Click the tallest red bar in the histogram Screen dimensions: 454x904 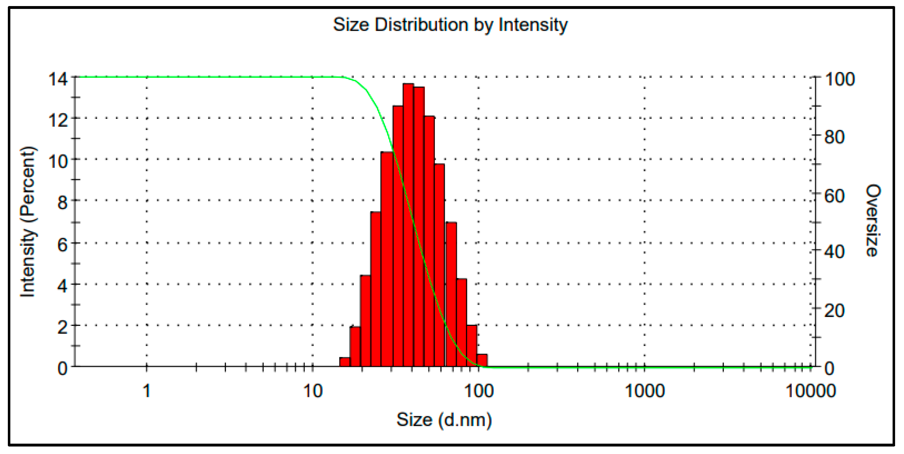tap(408, 225)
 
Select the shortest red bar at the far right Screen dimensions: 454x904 tap(482, 360)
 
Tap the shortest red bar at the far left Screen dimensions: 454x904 tap(344, 362)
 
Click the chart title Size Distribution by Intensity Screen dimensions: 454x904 tap(450, 25)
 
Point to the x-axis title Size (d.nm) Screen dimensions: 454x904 tap(444, 420)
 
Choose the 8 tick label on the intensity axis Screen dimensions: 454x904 tap(62, 203)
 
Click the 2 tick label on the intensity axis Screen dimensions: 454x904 tap(62, 327)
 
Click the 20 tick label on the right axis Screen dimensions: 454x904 tap(834, 311)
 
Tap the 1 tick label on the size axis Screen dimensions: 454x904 tap(147, 391)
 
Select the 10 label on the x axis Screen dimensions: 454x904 tap(313, 391)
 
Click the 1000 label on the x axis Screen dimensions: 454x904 tap(645, 391)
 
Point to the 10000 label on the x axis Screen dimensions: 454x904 tap(811, 391)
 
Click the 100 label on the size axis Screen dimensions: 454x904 tap(479, 391)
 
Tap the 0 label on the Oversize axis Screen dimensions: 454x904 tap(829, 368)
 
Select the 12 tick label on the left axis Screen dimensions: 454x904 tap(58, 121)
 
